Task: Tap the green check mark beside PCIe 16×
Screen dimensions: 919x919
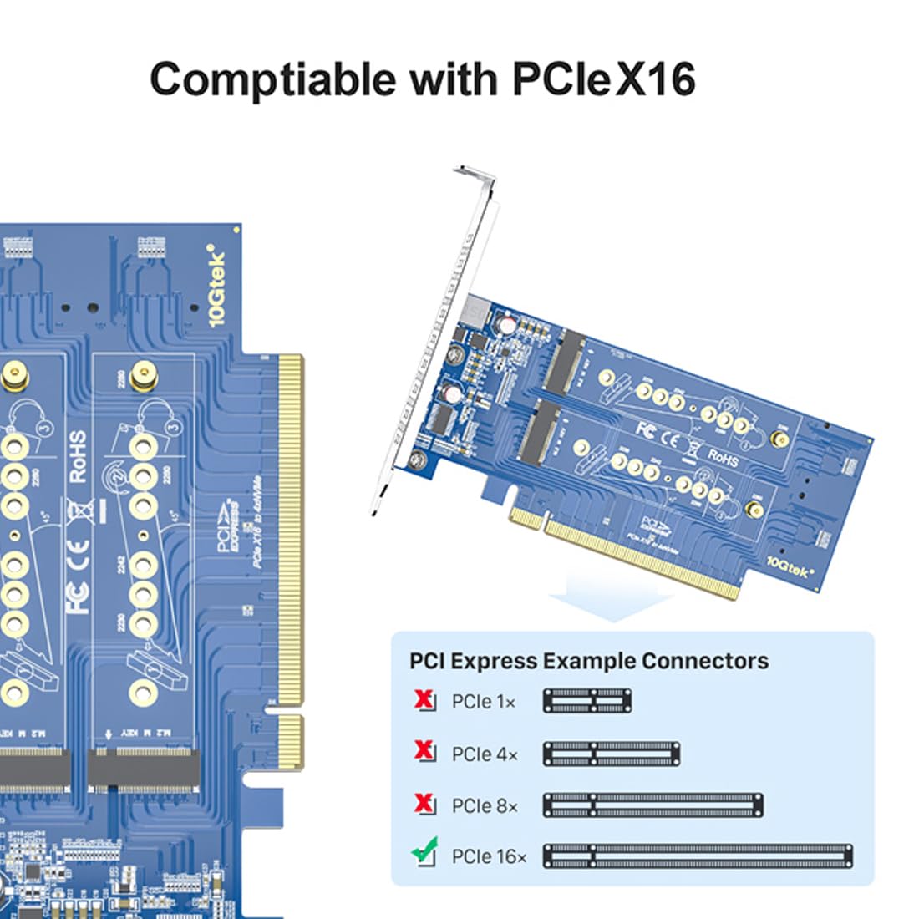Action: coord(424,853)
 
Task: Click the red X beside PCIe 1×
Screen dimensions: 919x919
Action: coord(424,700)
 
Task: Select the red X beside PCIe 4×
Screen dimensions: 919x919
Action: coord(424,752)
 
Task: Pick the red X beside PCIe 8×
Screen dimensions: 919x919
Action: coord(424,804)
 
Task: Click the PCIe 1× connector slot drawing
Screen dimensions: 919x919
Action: coord(587,701)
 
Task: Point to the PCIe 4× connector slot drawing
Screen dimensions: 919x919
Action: coord(611,754)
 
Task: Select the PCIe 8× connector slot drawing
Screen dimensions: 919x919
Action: coord(652,805)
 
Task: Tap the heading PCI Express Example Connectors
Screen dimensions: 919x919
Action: coord(588,661)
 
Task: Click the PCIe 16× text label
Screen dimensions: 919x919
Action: coord(489,857)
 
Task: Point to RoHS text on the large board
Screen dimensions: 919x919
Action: coord(77,456)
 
